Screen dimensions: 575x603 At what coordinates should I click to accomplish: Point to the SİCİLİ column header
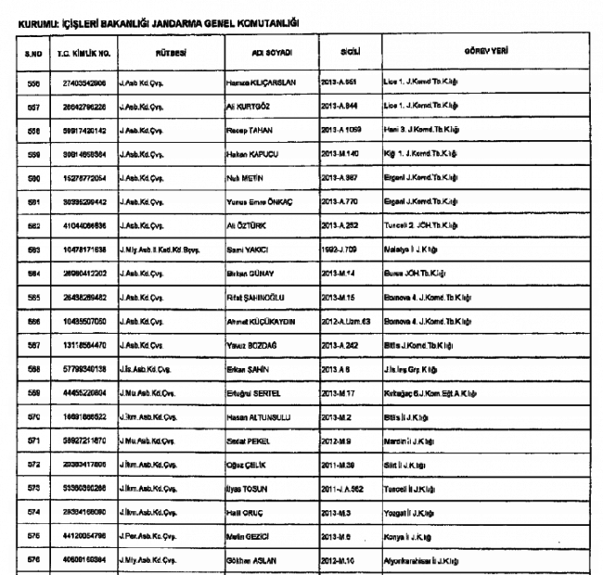(351, 52)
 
